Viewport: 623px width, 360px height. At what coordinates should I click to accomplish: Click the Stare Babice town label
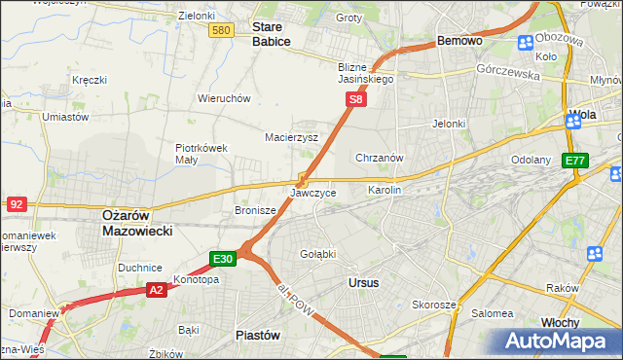coord(272,34)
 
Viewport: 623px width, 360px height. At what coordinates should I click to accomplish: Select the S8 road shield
coord(357,99)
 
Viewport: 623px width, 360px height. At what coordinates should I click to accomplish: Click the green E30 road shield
coord(223,259)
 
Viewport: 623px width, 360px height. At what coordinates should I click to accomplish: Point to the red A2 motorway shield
coord(157,290)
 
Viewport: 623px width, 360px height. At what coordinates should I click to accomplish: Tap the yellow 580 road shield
coord(221,31)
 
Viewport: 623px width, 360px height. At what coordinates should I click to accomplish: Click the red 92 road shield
coord(16,204)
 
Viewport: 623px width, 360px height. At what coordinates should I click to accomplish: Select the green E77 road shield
coord(575,161)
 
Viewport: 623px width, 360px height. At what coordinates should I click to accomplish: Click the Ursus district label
coord(363,282)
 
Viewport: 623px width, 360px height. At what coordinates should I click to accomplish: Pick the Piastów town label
coord(259,334)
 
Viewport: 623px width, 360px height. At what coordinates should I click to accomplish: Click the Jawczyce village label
coord(313,193)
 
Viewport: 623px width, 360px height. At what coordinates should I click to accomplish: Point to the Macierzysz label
coord(292,137)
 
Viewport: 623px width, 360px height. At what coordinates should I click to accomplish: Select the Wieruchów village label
coord(225,98)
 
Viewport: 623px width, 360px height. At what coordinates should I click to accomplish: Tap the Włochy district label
coord(560,322)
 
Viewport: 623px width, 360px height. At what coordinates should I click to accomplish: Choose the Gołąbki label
coord(318,254)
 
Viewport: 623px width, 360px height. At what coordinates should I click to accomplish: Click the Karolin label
coord(385,190)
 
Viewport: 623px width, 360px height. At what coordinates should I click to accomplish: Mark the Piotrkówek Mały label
coord(202,154)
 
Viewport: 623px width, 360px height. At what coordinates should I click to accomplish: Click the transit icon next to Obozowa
coord(526,42)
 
